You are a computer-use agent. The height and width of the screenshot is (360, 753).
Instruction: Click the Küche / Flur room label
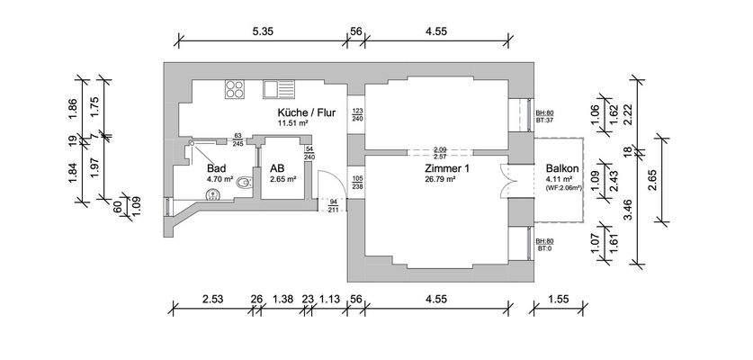(306, 112)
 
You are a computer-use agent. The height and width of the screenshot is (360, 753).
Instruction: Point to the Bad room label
(216, 168)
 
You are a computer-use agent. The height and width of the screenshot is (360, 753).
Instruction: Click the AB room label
(276, 168)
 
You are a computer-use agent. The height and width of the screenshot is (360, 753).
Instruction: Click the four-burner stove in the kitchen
(235, 88)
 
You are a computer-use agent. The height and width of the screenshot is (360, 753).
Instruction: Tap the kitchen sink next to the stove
(278, 88)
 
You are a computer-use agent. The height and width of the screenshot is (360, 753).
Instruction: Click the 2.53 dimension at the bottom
(212, 298)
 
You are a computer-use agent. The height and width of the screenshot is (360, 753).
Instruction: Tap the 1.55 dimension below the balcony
(558, 298)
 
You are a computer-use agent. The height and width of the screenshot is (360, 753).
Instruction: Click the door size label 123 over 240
(357, 114)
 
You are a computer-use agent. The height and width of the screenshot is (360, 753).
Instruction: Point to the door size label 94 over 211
(335, 207)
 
